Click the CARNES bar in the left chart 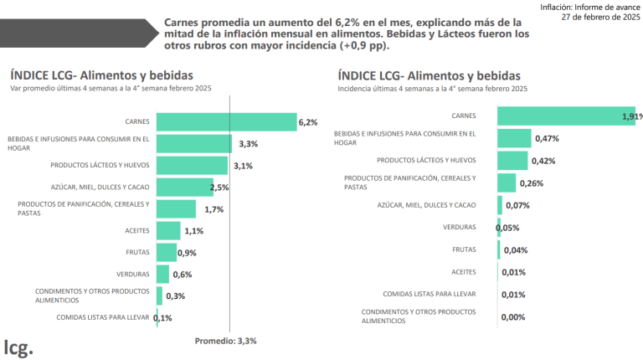coord(226,122)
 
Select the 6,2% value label coord(307,123)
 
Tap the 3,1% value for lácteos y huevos coord(243,166)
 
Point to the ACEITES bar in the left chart coord(167,230)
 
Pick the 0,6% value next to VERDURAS coord(182,274)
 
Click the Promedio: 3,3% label coord(225,341)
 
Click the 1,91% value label coord(631,116)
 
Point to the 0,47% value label coord(547,138)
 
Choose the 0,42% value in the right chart coord(543,161)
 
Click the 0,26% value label coord(532,183)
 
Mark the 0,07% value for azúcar coord(517,205)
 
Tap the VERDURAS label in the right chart coord(460,227)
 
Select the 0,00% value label coord(513,316)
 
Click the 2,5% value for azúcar coord(219,188)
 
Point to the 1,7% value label coord(213,209)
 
